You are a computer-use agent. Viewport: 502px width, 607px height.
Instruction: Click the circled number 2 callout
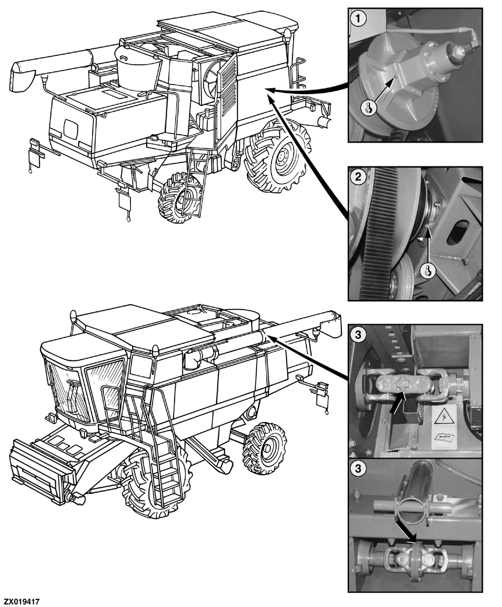pos(358,177)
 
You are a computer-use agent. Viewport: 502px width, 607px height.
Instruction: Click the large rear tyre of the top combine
pos(277,155)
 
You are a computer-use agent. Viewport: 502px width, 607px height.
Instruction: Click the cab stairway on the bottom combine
pos(157,457)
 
